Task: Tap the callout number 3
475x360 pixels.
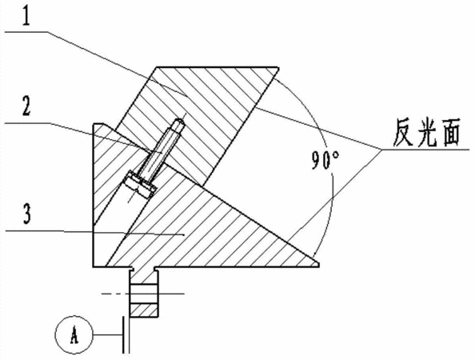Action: click(x=27, y=214)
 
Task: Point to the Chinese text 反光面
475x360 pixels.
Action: click(x=426, y=133)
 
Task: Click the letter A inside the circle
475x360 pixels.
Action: click(x=74, y=335)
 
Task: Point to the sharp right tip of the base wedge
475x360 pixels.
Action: click(x=318, y=264)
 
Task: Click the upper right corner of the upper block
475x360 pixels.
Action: click(x=277, y=67)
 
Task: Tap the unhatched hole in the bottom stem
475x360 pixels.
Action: click(x=144, y=294)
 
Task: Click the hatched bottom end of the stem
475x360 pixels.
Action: click(x=144, y=310)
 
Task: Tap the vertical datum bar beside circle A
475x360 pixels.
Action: click(x=123, y=335)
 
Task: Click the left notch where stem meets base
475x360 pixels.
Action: click(x=132, y=269)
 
